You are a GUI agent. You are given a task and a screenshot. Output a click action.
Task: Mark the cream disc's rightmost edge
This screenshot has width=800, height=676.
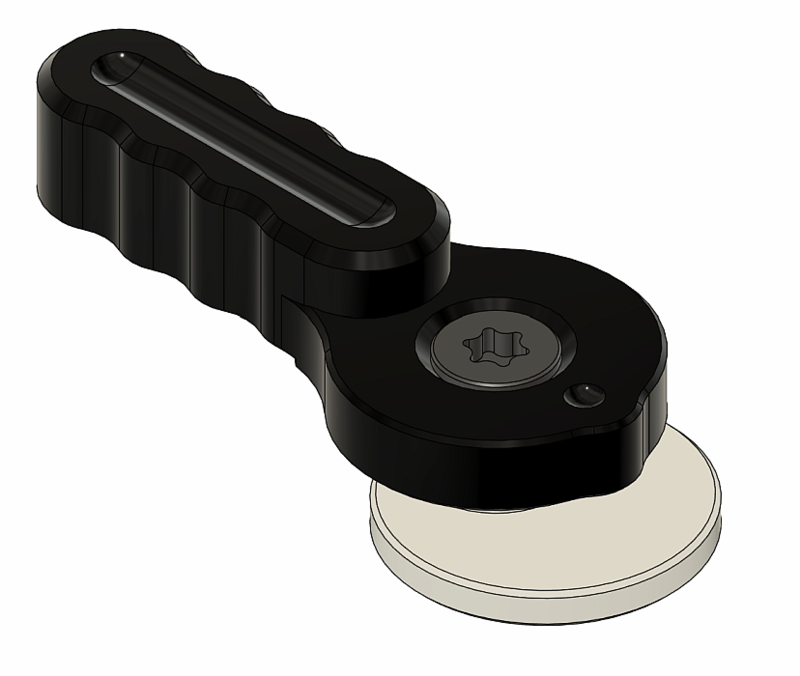721,515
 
